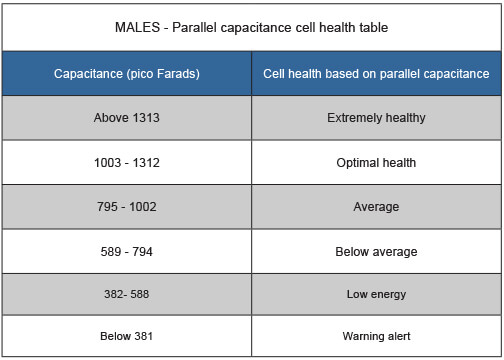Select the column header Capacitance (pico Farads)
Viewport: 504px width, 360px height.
pyautogui.click(x=127, y=73)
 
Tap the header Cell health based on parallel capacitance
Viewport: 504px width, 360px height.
pyautogui.click(x=376, y=73)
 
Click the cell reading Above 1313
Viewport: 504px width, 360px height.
pyautogui.click(x=127, y=118)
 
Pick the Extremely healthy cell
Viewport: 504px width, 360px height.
pyautogui.click(x=376, y=118)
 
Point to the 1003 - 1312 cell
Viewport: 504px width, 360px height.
pyautogui.click(x=127, y=163)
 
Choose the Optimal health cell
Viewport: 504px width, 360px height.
pyautogui.click(x=376, y=163)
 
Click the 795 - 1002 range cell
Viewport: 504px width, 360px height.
pyautogui.click(x=127, y=207)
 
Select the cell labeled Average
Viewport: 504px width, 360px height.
pyautogui.click(x=376, y=207)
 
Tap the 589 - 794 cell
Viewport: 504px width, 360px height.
pyautogui.click(x=127, y=251)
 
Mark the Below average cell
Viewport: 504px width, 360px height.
pyautogui.click(x=376, y=251)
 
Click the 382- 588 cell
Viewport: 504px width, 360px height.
pyautogui.click(x=127, y=295)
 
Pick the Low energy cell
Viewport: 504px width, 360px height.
pyautogui.click(x=376, y=295)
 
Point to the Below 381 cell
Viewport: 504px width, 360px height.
pyautogui.click(x=127, y=337)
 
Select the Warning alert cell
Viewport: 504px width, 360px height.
pyautogui.click(x=376, y=337)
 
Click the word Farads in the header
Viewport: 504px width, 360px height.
pyautogui.click(x=176, y=73)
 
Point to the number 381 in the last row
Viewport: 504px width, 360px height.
pyautogui.click(x=142, y=337)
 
